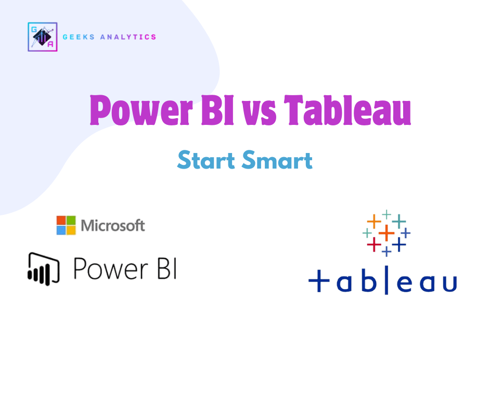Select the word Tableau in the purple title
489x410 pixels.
[x=348, y=110]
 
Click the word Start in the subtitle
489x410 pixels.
[x=206, y=160]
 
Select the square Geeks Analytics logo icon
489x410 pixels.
[x=42, y=37]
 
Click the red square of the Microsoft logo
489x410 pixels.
[x=61, y=220]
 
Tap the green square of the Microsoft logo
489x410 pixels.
[x=71, y=220]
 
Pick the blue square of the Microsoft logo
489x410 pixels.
[x=61, y=230]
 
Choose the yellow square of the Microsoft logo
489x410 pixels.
[x=71, y=230]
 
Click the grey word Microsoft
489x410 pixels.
[x=113, y=225]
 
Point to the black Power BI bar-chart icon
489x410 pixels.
[x=44, y=268]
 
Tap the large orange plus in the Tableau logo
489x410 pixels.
[x=386, y=233]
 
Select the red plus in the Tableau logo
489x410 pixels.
[x=373, y=244]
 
